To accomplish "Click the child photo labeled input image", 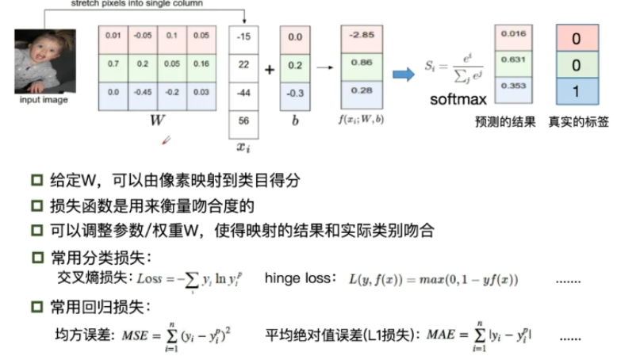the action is coord(44,62).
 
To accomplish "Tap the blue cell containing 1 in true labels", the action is coord(576,92).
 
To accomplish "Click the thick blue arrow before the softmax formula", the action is coord(404,74).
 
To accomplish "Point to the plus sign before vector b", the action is coord(269,70).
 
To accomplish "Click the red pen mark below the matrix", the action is coord(167,140).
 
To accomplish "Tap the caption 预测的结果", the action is coord(504,123).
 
